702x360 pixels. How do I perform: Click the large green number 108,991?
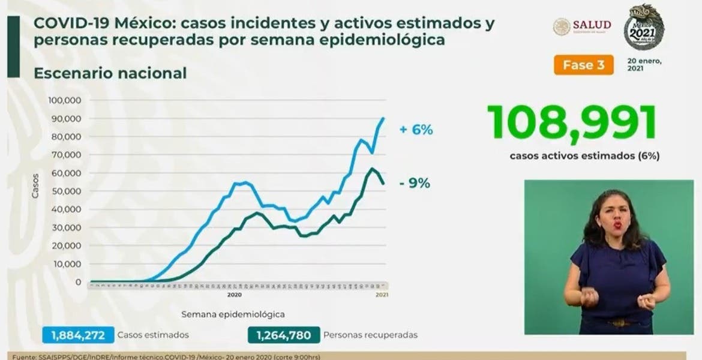571,123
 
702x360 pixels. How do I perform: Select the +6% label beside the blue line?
416,130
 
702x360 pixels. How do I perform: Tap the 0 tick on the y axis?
79,282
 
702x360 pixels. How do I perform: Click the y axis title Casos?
35,187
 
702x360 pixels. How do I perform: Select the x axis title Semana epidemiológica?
233,314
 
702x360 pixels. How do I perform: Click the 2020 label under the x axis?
234,295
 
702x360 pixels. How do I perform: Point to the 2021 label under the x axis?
382,295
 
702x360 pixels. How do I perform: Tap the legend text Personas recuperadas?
370,335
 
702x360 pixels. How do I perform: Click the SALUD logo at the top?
582,25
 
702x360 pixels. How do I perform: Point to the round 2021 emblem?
643,29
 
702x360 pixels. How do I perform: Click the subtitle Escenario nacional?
110,73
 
